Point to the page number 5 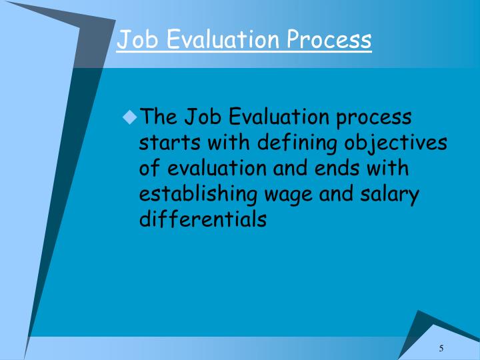coord(441,349)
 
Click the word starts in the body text coord(164,143)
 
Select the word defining coord(298,143)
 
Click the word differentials coord(203,219)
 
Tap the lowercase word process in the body coord(374,118)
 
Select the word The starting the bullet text coord(158,118)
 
